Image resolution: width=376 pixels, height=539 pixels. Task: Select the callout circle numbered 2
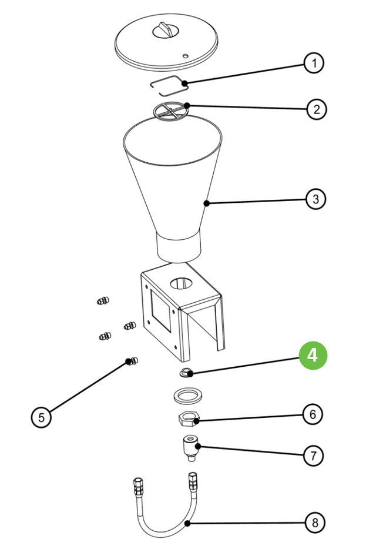316,109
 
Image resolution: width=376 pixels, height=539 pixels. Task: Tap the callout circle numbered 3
316,199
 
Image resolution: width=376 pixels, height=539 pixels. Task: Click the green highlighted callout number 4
313,356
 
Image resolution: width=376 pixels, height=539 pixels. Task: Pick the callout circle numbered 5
41,417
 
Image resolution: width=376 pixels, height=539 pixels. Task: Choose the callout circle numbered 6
313,414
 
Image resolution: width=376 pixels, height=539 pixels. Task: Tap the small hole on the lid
186,56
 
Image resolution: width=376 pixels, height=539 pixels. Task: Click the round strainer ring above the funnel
171,111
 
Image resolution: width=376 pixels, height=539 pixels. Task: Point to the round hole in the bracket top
182,283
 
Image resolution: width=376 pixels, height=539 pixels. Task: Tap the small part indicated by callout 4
184,372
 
